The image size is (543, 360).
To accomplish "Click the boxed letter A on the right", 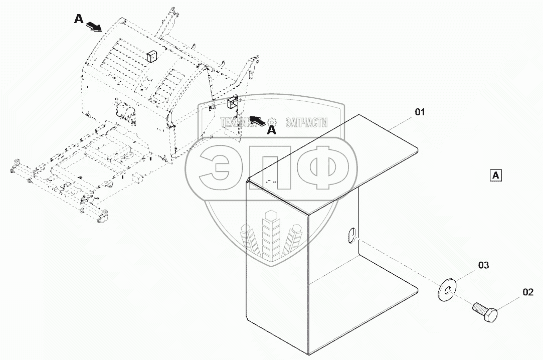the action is (x=495, y=175).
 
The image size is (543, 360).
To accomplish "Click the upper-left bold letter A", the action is (x=78, y=19).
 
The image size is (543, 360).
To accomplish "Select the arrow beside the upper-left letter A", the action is (x=93, y=26).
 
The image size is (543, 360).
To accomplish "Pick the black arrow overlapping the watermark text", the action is (x=257, y=119).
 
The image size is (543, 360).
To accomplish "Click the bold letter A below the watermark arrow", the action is (x=271, y=130).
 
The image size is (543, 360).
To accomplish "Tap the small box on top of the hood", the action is (x=151, y=56).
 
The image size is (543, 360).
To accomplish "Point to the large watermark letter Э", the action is (x=216, y=167).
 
